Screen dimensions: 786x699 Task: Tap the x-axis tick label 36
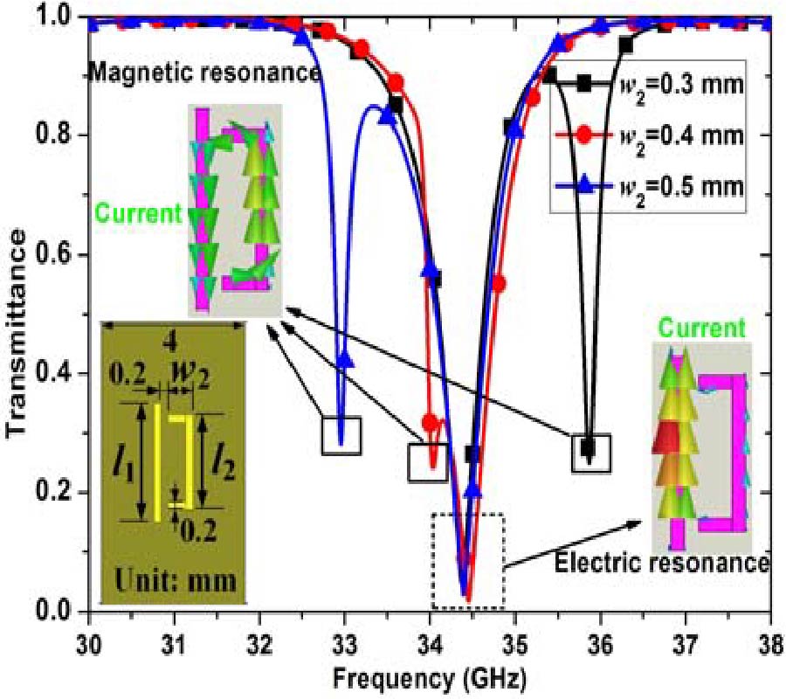point(599,645)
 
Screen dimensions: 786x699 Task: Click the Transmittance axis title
point(18,334)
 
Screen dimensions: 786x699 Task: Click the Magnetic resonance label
point(204,73)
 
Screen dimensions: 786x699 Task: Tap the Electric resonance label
point(661,563)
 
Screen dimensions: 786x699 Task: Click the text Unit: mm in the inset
point(176,582)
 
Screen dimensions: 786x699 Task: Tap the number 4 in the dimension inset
point(171,344)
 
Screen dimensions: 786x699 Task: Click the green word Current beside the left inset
point(138,214)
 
